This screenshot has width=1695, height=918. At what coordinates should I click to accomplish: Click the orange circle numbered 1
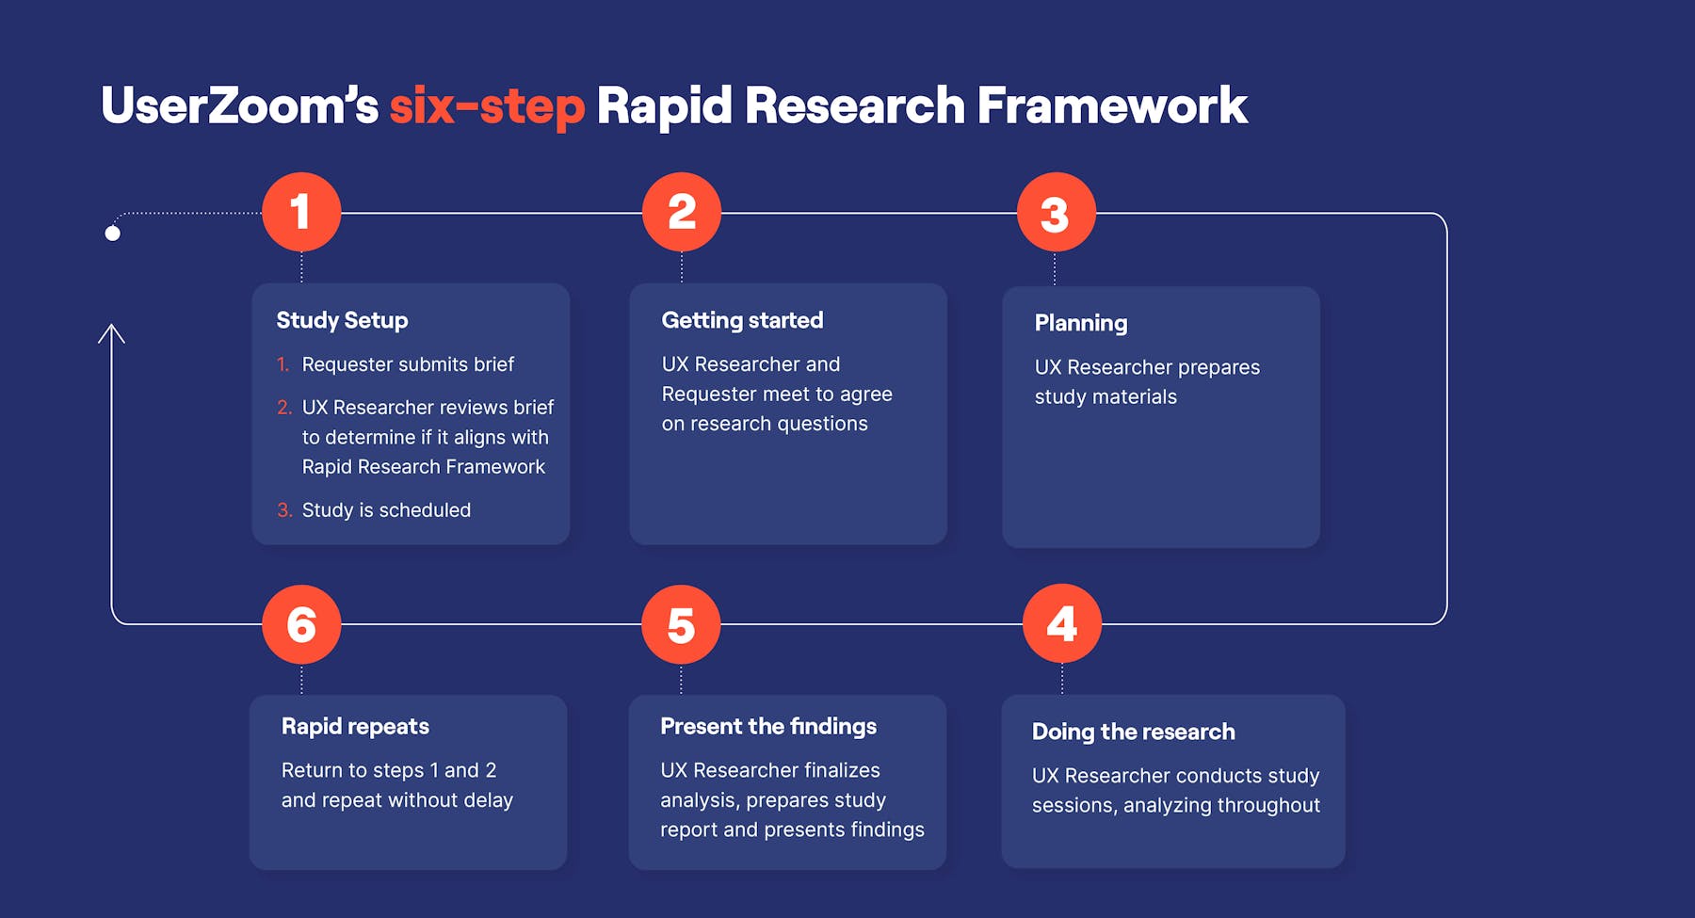pos(301,212)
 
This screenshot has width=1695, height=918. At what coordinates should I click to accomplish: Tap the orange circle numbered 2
pos(682,212)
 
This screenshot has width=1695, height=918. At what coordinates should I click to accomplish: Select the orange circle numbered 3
pos(1056,212)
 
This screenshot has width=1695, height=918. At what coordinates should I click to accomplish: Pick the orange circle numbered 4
pos(1062,623)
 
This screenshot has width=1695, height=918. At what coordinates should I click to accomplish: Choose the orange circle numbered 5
pos(681,624)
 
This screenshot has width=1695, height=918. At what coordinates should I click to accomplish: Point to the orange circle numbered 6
pos(301,624)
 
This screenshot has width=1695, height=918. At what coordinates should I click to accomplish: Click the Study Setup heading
pos(342,321)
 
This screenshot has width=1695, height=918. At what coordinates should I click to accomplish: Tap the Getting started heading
pos(742,321)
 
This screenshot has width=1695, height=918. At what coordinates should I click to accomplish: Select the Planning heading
pos(1081,324)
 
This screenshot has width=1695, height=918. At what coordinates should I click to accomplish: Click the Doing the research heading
pos(1133,732)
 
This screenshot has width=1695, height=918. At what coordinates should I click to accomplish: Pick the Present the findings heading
pos(768,726)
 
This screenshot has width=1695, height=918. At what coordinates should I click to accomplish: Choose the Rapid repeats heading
pos(355,726)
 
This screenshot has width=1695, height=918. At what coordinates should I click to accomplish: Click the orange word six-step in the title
pos(487,105)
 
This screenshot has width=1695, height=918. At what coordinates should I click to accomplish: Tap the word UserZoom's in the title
pos(239,105)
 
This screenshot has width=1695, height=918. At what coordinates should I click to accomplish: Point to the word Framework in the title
pos(1112,105)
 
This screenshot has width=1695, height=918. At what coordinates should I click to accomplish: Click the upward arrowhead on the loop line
pos(111,333)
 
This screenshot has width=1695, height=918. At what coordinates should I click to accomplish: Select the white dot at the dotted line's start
pos(113,234)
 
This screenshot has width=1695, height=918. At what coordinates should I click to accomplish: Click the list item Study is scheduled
pos(386,510)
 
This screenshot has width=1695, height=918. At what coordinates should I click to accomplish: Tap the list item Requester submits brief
pos(408,364)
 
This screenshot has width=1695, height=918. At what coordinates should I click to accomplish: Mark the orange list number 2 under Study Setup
pos(284,408)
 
